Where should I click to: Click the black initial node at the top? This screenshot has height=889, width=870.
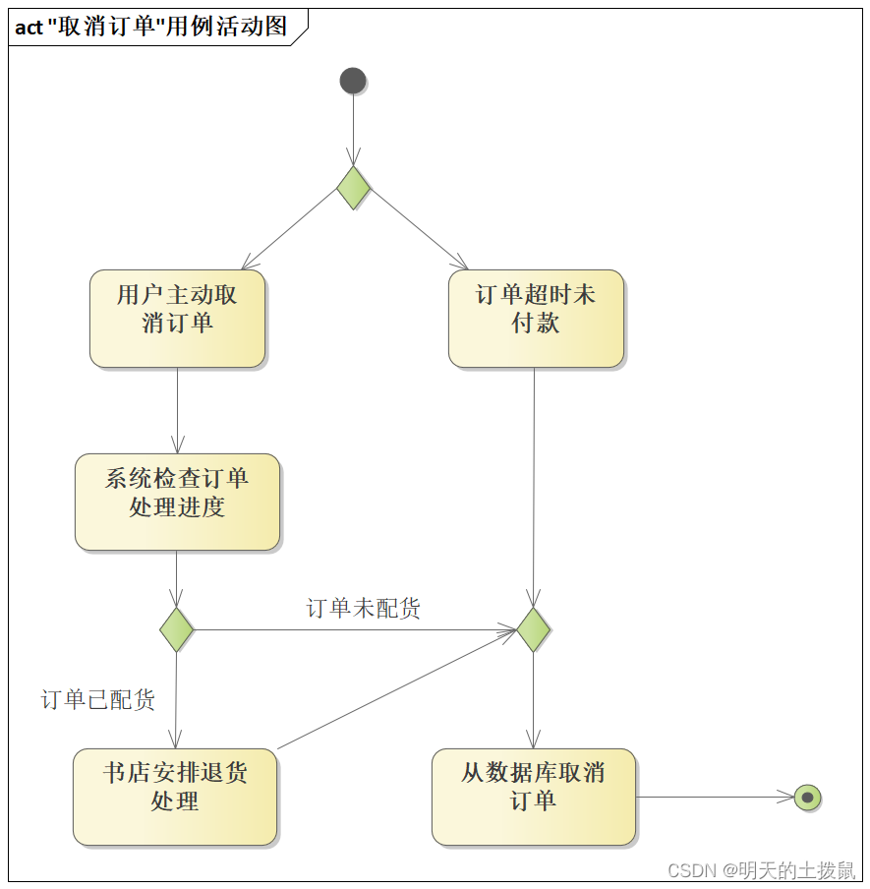coord(353,81)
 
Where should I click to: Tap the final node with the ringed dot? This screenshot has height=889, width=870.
coord(807,798)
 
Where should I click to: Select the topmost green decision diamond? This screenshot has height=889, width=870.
coord(353,187)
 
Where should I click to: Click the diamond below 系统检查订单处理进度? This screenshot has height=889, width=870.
coord(176,629)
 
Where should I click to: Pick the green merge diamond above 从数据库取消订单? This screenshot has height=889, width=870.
coord(533,629)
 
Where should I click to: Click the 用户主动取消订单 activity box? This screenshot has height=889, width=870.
coord(177,319)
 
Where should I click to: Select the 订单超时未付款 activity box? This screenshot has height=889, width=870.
coord(536,319)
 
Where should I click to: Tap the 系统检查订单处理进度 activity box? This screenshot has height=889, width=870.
coord(177,502)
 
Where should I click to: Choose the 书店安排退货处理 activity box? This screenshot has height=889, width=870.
coord(175,797)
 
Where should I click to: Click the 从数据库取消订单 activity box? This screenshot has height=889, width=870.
coord(534,797)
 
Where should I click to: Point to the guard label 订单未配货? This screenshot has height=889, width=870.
coord(364,609)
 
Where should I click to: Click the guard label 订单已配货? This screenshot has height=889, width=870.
coord(98,700)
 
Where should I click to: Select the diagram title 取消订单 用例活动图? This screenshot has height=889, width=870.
coord(167,27)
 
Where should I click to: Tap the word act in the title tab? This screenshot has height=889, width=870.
coord(29,28)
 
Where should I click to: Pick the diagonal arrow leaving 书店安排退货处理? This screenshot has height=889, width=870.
coord(393,689)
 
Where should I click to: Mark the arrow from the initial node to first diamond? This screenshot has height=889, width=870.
coord(353,128)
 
